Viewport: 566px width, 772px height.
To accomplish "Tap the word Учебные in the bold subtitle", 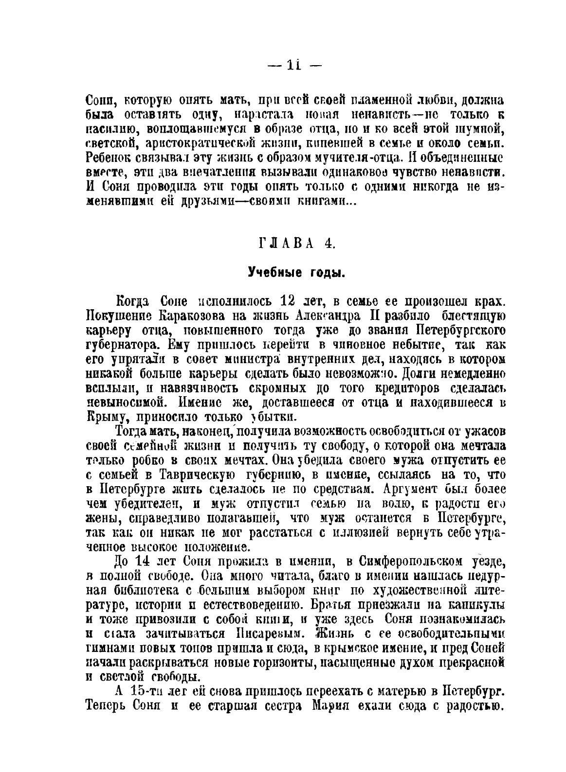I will point(270,273).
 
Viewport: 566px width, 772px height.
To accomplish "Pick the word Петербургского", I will point(461,331).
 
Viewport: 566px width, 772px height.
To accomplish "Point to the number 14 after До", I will point(141,562).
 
